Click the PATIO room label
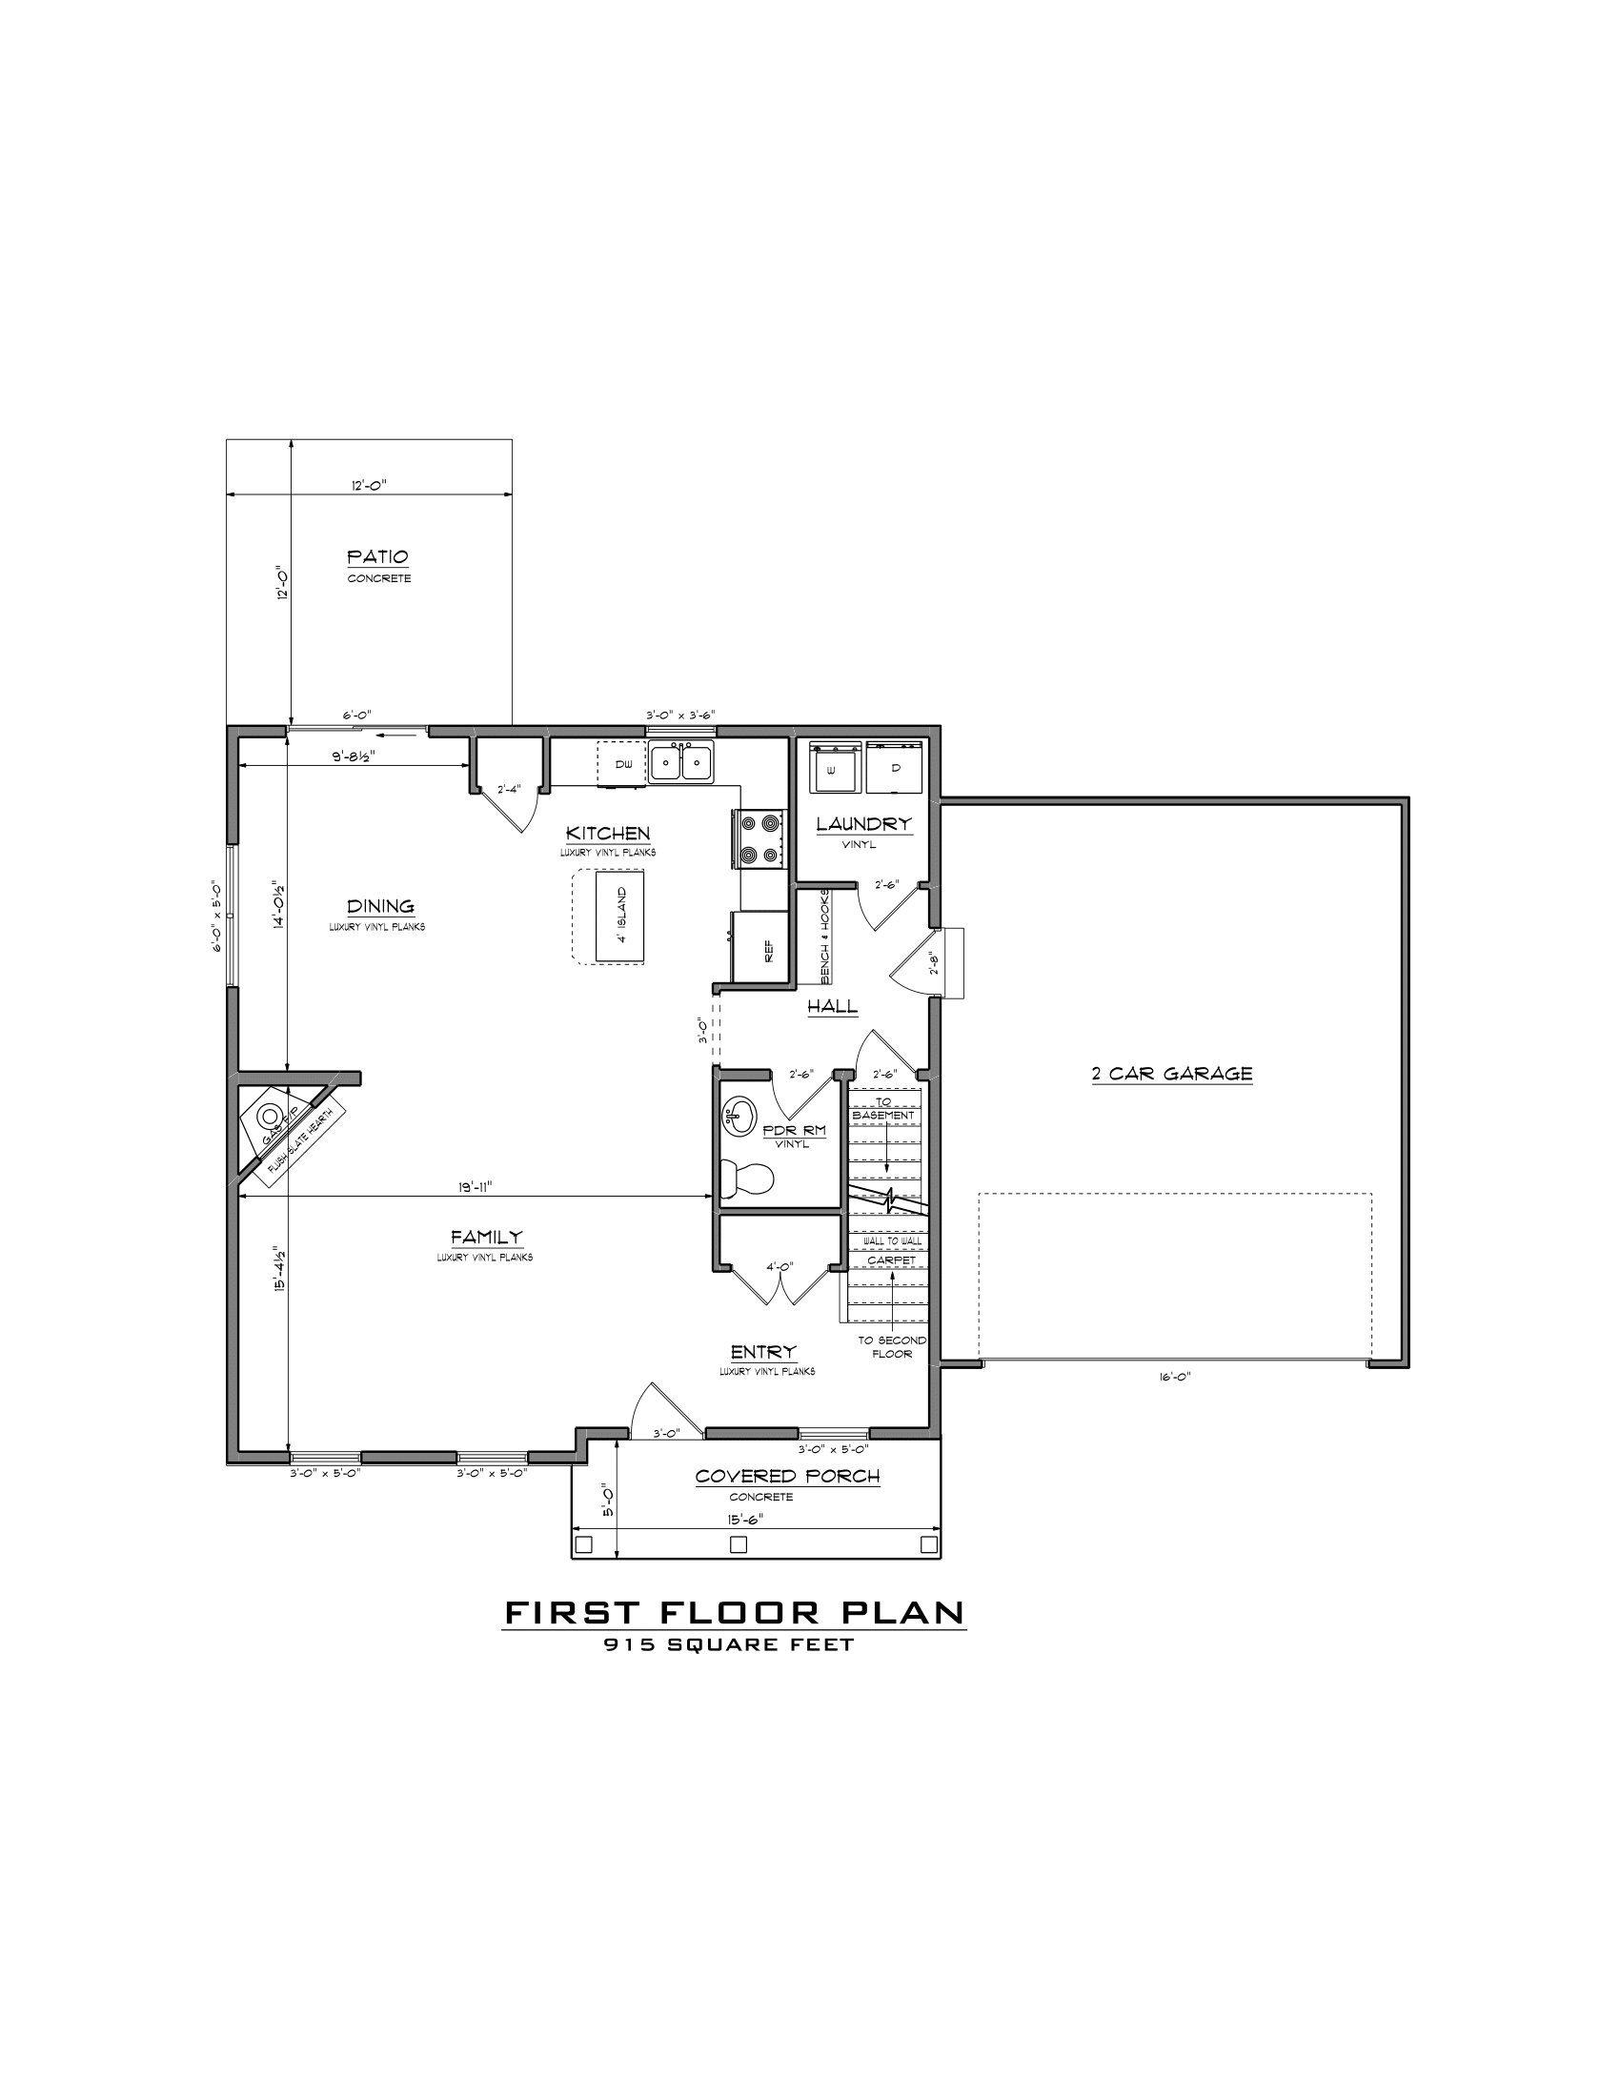[x=377, y=556]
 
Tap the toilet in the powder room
[x=747, y=1179]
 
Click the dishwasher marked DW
[x=621, y=764]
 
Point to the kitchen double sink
[x=680, y=762]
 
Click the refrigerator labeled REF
[x=760, y=946]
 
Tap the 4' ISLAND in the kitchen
[x=620, y=915]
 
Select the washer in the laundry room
[x=832, y=767]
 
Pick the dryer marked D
[x=895, y=767]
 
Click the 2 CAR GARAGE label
[x=1172, y=1074]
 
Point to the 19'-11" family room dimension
[x=476, y=1187]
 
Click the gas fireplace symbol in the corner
[x=270, y=1117]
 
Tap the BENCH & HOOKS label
[x=824, y=936]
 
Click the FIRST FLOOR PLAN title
[x=734, y=1612]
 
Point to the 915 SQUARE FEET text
[x=728, y=1644]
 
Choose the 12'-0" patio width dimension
[x=369, y=487]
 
